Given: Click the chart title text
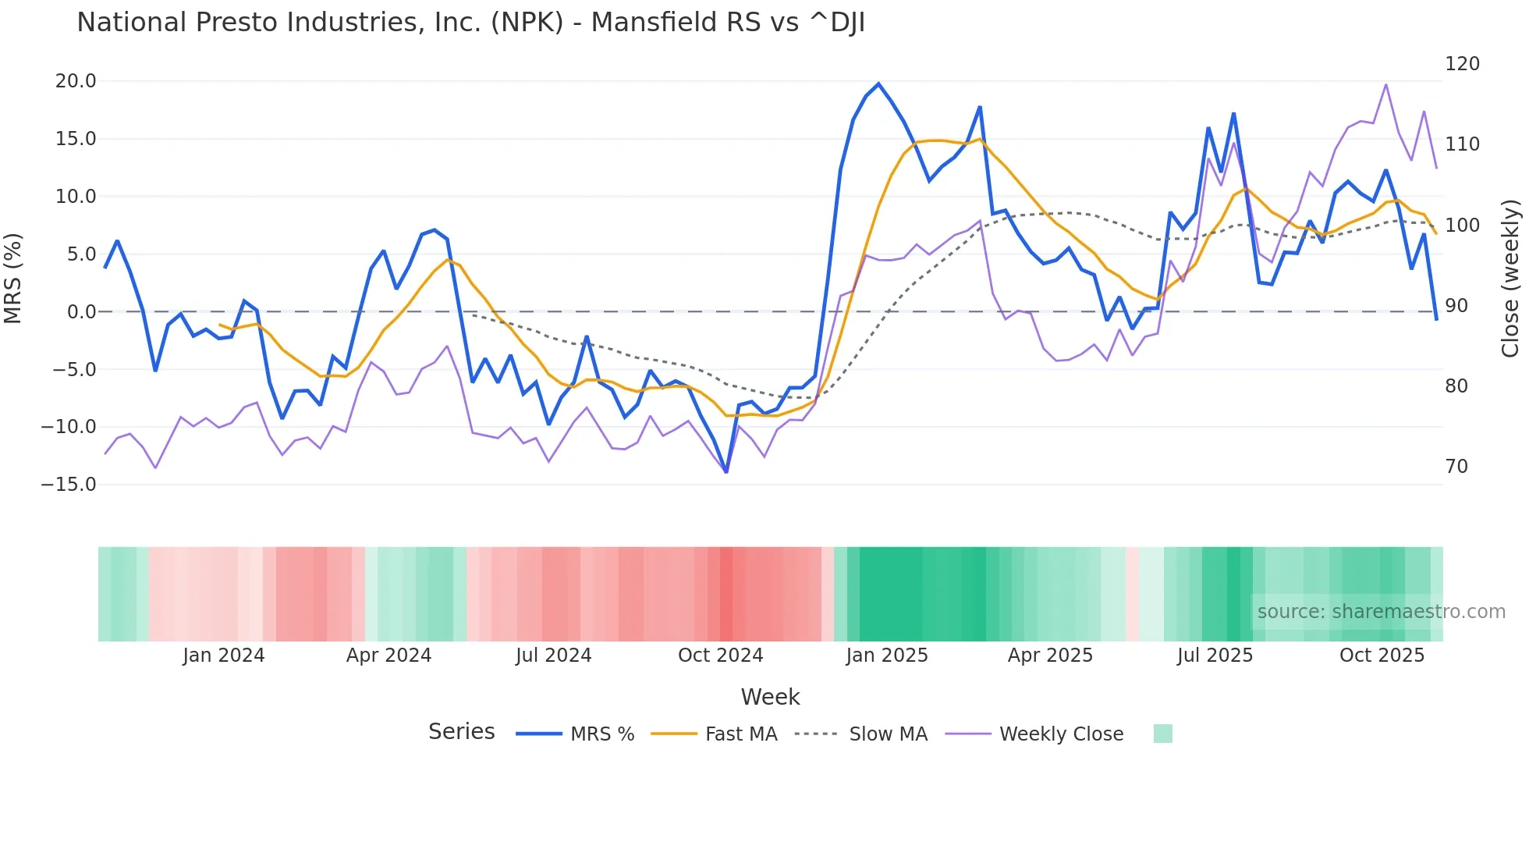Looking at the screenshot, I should coord(470,23).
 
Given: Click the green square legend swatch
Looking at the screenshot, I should coord(1162,734).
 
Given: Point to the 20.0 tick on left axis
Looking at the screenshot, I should coord(76,81).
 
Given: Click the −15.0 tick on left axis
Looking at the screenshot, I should coord(69,485).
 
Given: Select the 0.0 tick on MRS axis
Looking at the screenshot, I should coord(81,312).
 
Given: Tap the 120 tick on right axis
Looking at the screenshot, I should coord(1462,64).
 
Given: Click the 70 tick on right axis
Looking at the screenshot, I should coord(1456,467).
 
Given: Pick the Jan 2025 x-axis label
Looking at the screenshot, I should coord(887,656).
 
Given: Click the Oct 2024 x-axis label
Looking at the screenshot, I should coord(720,656).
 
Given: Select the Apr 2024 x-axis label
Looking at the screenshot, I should coord(388,656).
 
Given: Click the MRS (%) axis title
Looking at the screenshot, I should coord(13,278).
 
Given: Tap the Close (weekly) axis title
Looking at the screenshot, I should coord(1511,278).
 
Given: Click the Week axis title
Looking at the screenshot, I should coord(770,697).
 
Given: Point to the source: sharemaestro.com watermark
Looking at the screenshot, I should coord(1381,612).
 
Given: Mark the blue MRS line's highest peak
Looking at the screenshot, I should coord(878,84).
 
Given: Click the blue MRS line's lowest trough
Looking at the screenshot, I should coord(726,472).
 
